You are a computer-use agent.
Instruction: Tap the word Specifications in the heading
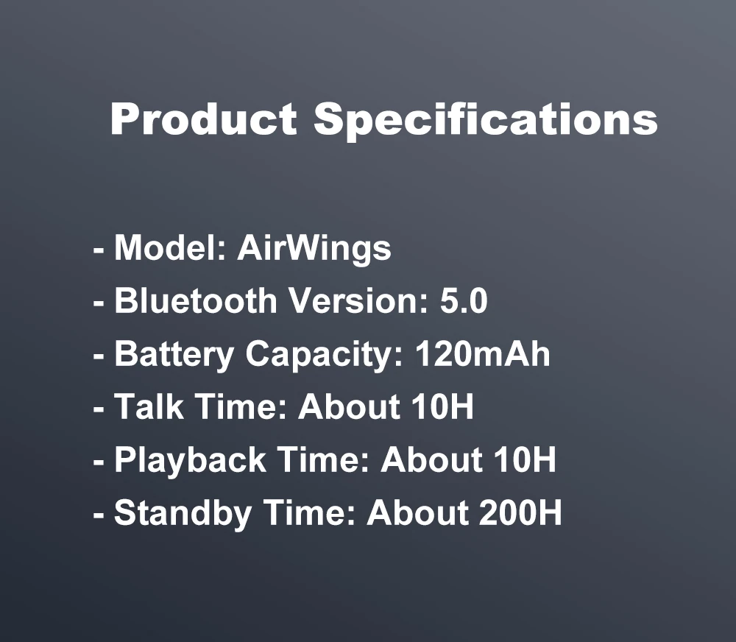click(x=486, y=121)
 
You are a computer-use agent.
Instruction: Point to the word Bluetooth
click(x=196, y=300)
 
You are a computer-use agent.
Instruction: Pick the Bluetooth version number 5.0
click(x=464, y=300)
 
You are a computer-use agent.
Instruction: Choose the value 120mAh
click(x=482, y=353)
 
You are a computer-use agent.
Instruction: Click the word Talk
click(x=149, y=406)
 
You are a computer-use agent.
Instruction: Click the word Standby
click(x=183, y=513)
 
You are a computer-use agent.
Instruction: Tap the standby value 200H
click(x=520, y=512)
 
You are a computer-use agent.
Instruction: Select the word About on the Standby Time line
click(x=417, y=512)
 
